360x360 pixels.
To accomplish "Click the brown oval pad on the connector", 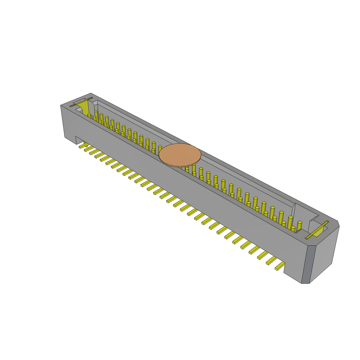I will [x=180, y=154].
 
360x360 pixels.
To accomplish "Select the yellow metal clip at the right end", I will [x=317, y=230].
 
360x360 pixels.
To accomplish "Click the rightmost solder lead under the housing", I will [x=280, y=266].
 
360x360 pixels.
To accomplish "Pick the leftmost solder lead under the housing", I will [x=83, y=146].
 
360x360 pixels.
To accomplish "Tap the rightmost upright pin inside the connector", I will [x=299, y=226].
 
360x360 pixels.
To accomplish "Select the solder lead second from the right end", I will [x=271, y=261].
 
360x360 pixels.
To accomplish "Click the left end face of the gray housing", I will [x=64, y=122].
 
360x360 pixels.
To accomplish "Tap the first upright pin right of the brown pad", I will [x=201, y=172].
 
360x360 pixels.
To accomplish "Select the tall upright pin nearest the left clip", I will [x=96, y=114].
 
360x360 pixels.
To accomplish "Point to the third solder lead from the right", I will [x=262, y=255].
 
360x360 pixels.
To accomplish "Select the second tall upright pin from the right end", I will [x=290, y=222].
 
